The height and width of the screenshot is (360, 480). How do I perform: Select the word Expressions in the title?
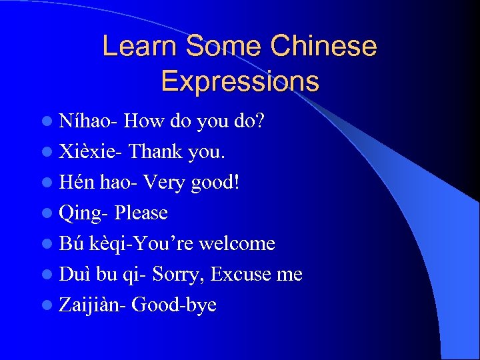240,81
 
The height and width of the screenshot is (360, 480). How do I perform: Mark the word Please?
141,213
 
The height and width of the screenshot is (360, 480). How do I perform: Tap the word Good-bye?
175,305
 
